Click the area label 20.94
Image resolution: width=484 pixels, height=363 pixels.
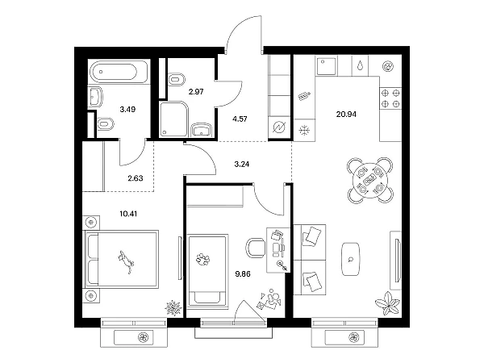(346, 115)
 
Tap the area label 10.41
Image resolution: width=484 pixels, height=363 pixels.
(128, 214)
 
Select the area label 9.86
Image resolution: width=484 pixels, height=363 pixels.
(243, 273)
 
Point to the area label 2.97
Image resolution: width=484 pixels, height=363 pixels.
(196, 92)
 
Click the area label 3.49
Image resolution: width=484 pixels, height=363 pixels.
(127, 109)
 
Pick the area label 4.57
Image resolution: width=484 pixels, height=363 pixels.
(240, 119)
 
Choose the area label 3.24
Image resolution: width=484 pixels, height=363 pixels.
(242, 165)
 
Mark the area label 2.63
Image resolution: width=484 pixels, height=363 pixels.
(136, 178)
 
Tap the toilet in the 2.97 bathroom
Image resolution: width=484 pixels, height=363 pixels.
(177, 79)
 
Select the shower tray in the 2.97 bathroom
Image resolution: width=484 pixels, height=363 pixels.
(173, 119)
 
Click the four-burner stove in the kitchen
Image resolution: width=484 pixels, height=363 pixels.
(390, 98)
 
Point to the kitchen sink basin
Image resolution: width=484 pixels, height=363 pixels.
(326, 66)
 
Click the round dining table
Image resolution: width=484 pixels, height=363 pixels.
(370, 180)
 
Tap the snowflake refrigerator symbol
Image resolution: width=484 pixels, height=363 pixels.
(304, 131)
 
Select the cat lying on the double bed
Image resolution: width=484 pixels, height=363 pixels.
(126, 261)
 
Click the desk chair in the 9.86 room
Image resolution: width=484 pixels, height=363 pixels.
(256, 248)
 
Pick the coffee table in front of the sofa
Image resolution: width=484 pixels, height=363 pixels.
(351, 259)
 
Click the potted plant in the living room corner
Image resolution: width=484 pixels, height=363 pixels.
(388, 304)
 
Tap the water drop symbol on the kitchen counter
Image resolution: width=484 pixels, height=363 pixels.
(361, 66)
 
